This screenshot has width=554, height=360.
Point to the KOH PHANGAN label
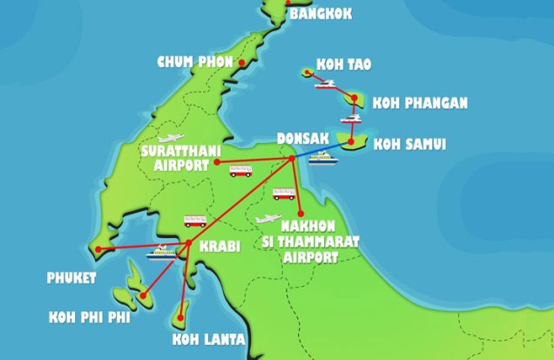pyautogui.click(x=421, y=104)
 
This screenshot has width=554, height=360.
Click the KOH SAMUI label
pyautogui.click(x=409, y=144)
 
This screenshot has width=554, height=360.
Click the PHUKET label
pyautogui.click(x=71, y=279)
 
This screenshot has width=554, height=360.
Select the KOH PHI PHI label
pyautogui.click(x=90, y=318)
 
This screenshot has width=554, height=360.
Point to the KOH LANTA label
pyautogui.click(x=208, y=340)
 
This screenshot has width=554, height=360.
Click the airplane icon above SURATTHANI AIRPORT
pyautogui.click(x=170, y=137)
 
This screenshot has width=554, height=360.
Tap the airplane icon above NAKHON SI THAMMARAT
pyautogui.click(x=268, y=219)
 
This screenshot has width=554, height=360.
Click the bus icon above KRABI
pyautogui.click(x=195, y=222)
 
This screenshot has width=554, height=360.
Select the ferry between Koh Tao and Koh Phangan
pyautogui.click(x=326, y=85)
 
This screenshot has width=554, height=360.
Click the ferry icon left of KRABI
pyautogui.click(x=160, y=253)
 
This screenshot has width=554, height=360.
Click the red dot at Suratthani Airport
pyautogui.click(x=216, y=162)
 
